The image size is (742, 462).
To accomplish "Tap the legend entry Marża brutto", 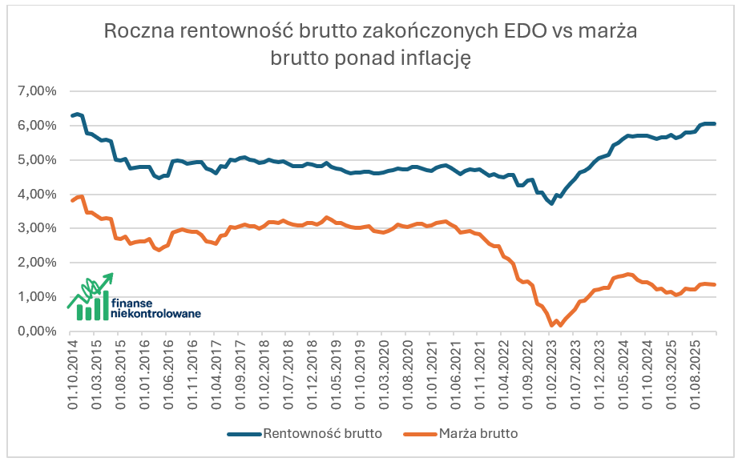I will click(478, 434).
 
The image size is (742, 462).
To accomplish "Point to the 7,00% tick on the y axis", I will click(36, 90).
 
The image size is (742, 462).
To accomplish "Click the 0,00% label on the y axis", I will click(36, 331).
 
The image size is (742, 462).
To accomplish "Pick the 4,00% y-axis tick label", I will click(36, 194).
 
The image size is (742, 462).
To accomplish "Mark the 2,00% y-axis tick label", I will click(36, 263).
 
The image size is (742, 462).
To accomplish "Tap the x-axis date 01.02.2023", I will click(552, 373).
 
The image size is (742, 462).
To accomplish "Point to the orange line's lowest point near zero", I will click(552, 325).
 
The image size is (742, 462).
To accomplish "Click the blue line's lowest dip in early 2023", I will click(552, 203).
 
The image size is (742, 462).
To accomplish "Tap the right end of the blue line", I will click(714, 123).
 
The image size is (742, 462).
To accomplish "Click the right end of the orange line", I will click(714, 285).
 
